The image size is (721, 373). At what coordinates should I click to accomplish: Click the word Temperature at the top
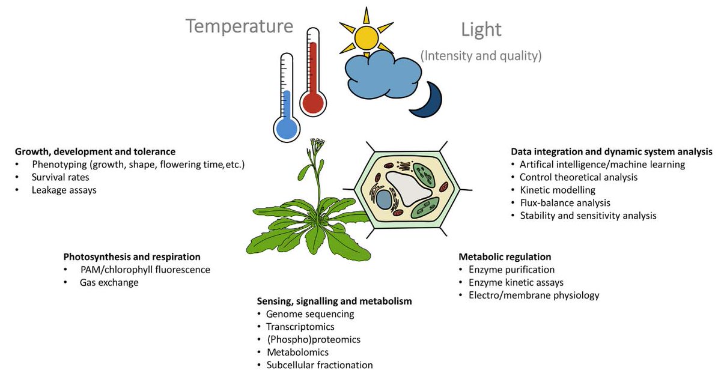(239, 26)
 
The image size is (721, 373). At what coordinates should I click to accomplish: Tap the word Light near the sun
(481, 30)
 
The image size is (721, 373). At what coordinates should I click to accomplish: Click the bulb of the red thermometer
(312, 102)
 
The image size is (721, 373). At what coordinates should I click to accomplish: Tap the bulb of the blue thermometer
(286, 127)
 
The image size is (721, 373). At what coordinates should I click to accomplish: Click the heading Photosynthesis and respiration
(132, 256)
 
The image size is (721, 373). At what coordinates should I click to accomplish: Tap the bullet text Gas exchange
(109, 282)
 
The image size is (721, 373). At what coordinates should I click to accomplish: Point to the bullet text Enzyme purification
(511, 270)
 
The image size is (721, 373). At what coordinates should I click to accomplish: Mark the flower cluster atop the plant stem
(317, 145)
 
